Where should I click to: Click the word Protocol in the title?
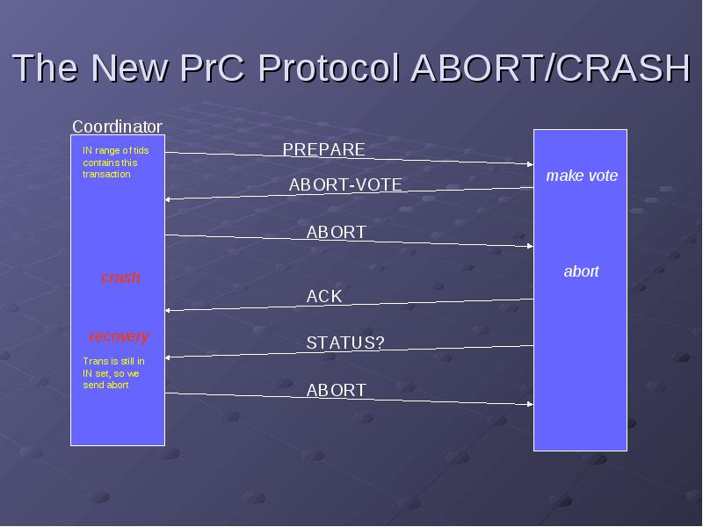[329, 69]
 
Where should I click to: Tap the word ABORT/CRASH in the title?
[551, 69]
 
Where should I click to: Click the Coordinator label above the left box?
[117, 126]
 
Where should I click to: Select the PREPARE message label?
[323, 149]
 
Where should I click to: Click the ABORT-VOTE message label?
[345, 184]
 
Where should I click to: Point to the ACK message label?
[324, 296]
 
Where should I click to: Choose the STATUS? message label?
[345, 343]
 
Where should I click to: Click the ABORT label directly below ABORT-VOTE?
[337, 232]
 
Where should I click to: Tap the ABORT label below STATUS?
[337, 390]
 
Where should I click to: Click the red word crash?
[120, 278]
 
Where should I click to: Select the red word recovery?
[119, 336]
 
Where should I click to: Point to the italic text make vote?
[582, 175]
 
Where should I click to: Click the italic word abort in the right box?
[581, 271]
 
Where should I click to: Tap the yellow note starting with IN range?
[116, 162]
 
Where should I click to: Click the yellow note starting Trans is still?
[114, 372]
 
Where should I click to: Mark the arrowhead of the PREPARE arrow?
[531, 164]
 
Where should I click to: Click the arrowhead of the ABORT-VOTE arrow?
[168, 199]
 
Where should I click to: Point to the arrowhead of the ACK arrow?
[168, 310]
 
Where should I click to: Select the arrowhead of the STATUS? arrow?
[168, 357]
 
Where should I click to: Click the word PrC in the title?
[213, 69]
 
